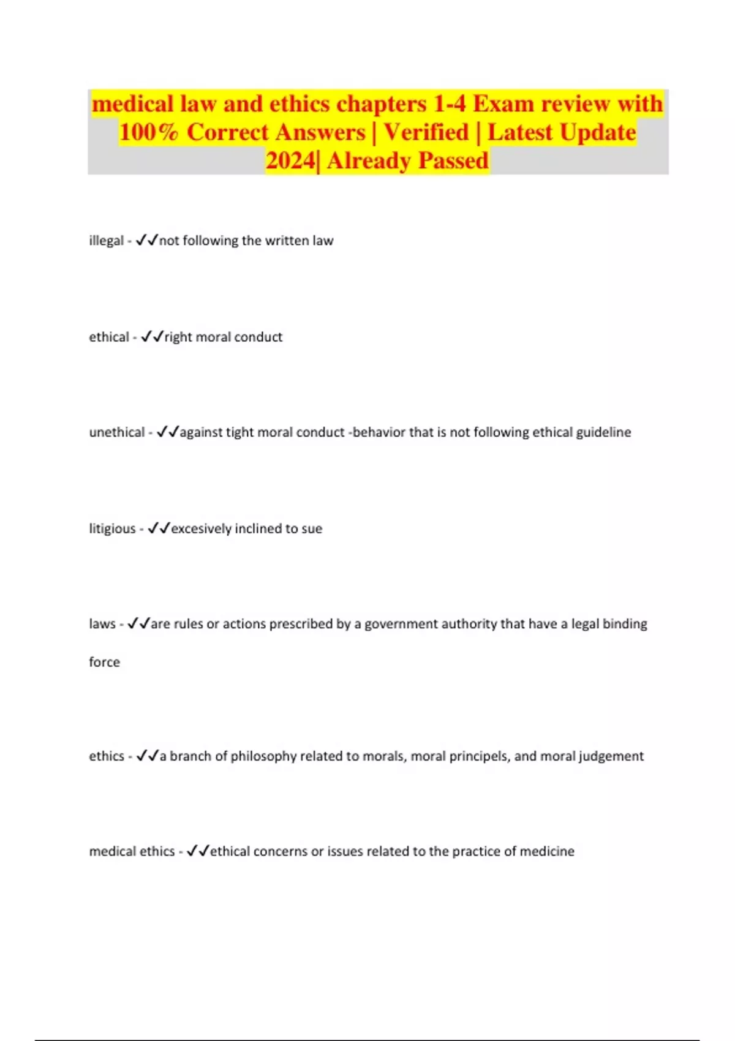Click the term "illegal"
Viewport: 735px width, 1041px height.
point(107,241)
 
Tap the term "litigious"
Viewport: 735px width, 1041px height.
point(112,528)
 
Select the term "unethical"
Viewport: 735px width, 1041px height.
point(117,432)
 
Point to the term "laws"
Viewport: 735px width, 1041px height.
point(102,624)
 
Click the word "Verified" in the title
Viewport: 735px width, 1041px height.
point(426,132)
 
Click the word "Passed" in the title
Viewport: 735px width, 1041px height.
point(453,160)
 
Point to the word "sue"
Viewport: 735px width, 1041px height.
point(312,528)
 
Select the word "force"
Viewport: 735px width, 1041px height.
point(105,662)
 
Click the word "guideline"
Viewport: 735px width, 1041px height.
point(603,432)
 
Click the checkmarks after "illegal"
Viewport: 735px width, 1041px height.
point(147,240)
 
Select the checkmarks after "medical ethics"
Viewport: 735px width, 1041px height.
point(198,851)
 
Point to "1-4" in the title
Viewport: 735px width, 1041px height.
point(450,104)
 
